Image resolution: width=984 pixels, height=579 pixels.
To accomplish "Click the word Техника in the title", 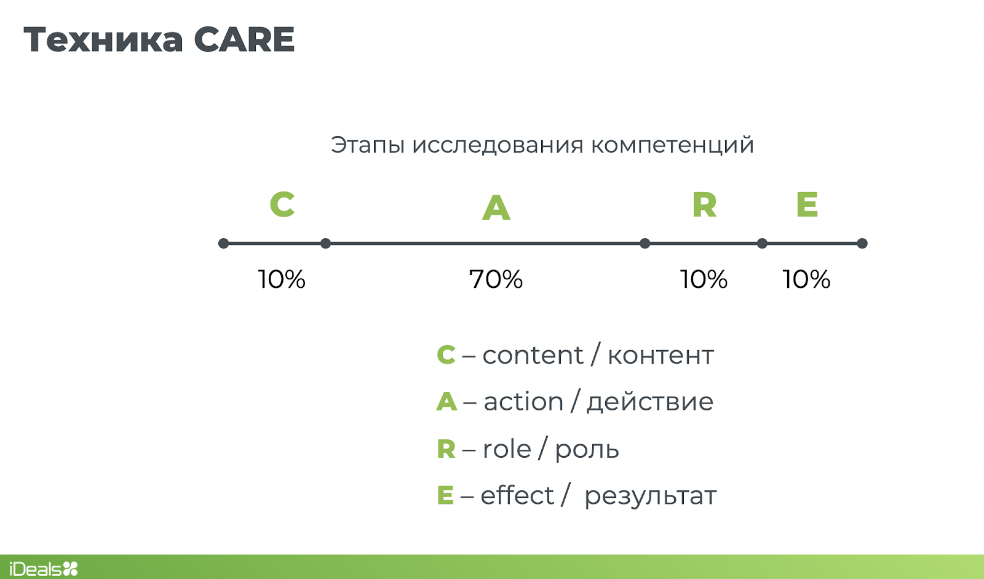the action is point(103,39).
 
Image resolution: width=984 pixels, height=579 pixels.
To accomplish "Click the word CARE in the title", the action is point(244,39).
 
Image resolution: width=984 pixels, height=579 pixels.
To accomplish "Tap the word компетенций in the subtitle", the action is point(672,146).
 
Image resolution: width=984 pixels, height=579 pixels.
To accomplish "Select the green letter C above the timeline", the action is point(282,204).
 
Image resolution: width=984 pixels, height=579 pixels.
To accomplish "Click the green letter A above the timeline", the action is point(496,207).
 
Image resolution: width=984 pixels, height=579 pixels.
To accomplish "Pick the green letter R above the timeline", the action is point(704,205).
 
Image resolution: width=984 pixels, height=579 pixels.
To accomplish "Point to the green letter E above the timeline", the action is point(807,204).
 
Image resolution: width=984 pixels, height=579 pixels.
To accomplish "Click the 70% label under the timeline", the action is point(496,279).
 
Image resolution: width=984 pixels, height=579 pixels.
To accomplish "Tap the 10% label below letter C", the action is point(282,279).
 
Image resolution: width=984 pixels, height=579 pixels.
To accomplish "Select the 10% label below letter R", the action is point(704,279).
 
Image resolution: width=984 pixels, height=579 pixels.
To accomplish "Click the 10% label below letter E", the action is point(806,279).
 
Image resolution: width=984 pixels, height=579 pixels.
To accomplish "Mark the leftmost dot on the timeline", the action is point(224,243).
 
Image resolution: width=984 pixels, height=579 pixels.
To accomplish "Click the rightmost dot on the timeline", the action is point(862,243).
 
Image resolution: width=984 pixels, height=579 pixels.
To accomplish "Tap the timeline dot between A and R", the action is point(645,243).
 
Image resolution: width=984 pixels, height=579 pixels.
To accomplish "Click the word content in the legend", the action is point(533,355).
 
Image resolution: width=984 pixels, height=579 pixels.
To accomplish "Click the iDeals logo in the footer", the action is point(44,569).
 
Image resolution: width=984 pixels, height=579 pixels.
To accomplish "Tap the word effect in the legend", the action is point(517,495).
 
